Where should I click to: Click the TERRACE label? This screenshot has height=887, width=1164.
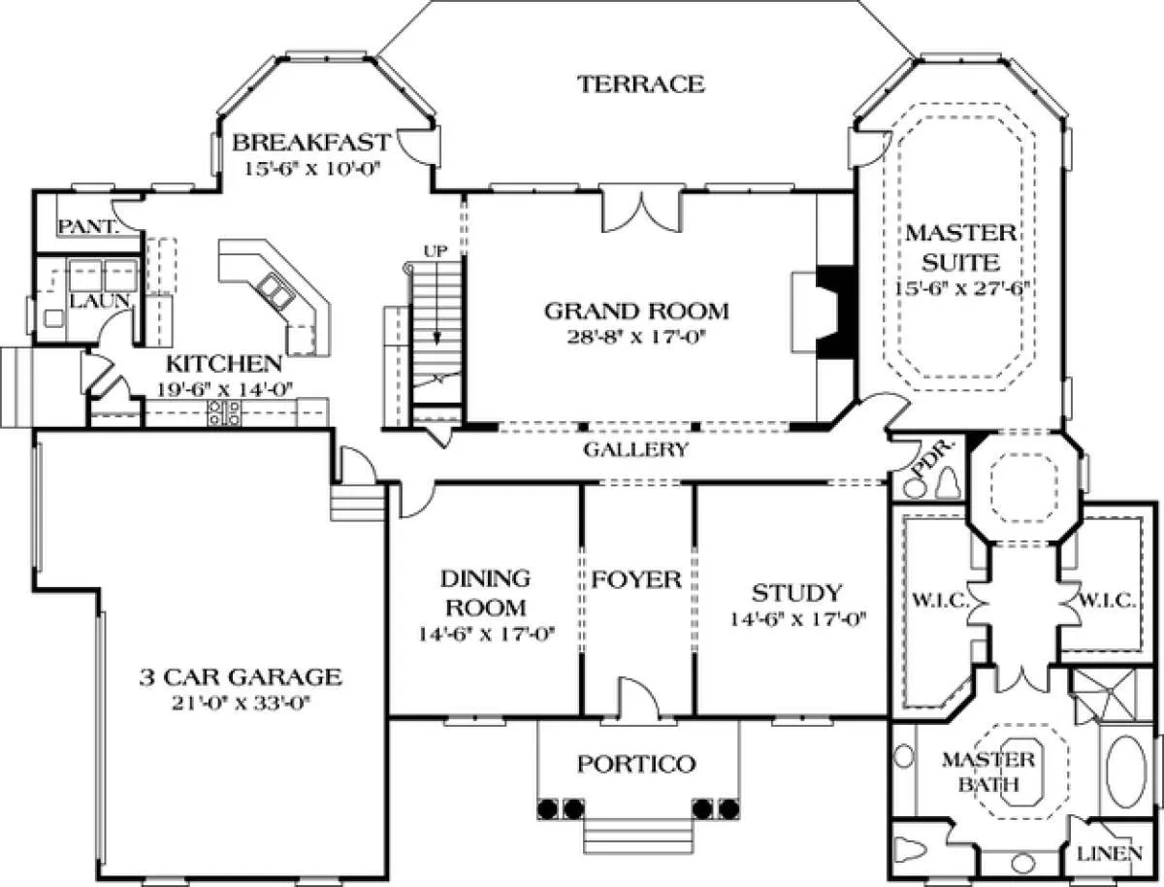[x=640, y=84]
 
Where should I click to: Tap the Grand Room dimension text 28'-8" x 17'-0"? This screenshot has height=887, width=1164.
[x=637, y=337]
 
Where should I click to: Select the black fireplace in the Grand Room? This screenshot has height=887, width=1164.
[x=835, y=312]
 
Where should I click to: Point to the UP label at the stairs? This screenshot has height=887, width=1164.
[x=436, y=251]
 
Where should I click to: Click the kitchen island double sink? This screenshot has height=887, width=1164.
[x=275, y=290]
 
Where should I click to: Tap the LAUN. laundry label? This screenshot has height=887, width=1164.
[x=100, y=301]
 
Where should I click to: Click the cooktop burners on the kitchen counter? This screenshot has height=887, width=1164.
[x=225, y=412]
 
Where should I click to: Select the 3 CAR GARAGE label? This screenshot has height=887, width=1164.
[x=241, y=677]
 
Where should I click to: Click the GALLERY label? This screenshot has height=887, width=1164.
[x=635, y=450]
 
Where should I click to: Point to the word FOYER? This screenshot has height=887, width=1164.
[x=636, y=579]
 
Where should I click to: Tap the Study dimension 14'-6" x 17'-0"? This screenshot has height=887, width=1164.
[x=798, y=618]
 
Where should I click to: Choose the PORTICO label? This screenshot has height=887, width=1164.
[x=636, y=764]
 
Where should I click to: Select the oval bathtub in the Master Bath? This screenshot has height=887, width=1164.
[x=1125, y=772]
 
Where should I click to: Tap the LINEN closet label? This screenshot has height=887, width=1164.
[x=1110, y=854]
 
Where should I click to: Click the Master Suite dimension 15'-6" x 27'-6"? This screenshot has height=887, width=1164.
[x=962, y=289]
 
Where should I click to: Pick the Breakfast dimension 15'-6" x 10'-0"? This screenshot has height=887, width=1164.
[x=313, y=168]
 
